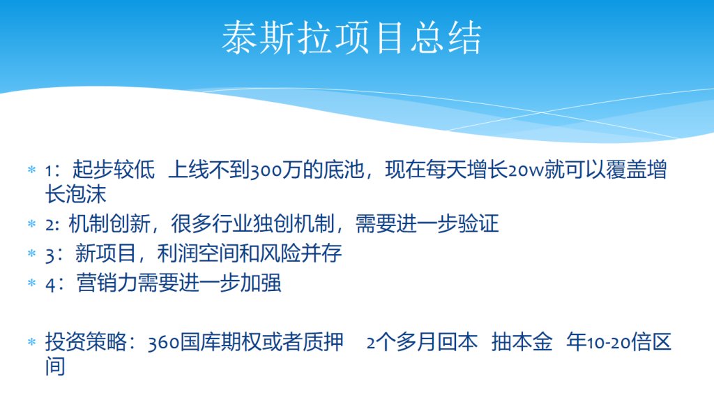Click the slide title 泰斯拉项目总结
click(x=351, y=38)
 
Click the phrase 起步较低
click(x=114, y=170)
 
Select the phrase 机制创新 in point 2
click(x=109, y=223)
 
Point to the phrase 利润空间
click(x=197, y=253)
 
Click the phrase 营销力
click(x=107, y=283)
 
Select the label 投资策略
click(x=86, y=342)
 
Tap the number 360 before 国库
click(x=163, y=343)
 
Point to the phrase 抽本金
click(x=522, y=342)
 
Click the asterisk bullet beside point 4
click(x=32, y=283)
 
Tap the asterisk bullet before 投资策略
click(x=32, y=342)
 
